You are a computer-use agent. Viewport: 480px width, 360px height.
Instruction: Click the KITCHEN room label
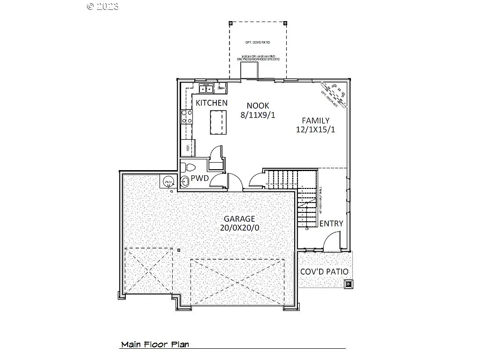[x=212, y=103]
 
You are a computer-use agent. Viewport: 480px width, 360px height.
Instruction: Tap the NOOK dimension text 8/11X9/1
[x=258, y=115]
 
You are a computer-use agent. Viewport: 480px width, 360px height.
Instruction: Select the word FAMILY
[x=315, y=120]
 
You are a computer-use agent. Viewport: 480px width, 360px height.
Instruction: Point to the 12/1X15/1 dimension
[x=315, y=130]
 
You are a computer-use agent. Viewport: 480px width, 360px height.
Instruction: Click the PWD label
[x=199, y=179]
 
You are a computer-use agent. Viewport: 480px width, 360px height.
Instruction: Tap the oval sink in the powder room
[x=184, y=182]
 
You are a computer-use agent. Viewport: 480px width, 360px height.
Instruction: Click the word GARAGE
[x=239, y=219]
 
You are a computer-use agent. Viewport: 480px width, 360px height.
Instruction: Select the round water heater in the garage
[x=168, y=181]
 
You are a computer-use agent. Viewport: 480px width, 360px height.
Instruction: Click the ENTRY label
[x=331, y=224]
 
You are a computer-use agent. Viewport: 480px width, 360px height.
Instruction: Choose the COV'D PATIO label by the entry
[x=324, y=271]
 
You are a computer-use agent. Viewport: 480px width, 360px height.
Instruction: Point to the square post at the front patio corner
[x=349, y=283]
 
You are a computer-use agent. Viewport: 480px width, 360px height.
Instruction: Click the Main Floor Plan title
[x=155, y=345]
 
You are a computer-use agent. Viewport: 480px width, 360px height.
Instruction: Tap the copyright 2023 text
[x=103, y=6]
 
